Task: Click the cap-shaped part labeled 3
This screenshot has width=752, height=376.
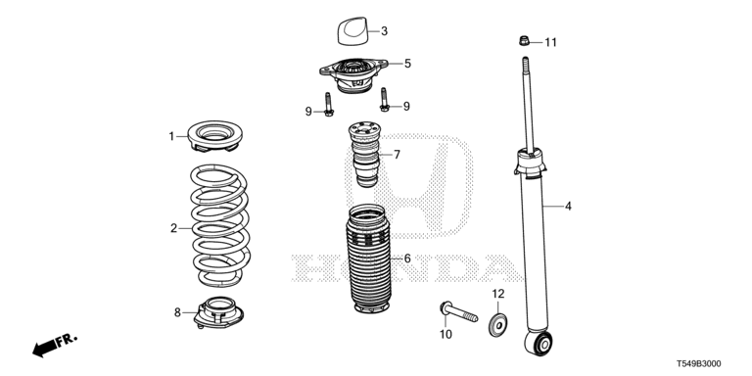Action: pos(352,31)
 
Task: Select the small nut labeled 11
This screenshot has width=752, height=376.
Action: pos(524,41)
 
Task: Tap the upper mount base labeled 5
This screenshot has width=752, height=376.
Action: pos(353,74)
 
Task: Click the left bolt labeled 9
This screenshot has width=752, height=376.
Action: pos(328,104)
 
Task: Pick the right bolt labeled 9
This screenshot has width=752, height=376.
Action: pos(384,99)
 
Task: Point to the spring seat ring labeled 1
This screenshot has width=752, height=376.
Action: pos(214,136)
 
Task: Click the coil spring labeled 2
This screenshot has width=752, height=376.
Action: pos(220,225)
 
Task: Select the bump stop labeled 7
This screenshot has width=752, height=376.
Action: pos(365,154)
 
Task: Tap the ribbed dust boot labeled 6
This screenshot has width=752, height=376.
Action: pos(368,258)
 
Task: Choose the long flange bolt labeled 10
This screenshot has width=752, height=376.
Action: pos(458,311)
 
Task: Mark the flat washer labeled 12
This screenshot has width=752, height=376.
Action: pos(498,326)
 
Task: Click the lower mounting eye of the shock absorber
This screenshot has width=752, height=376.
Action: pos(539,343)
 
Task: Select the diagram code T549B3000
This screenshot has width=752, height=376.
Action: pos(699,364)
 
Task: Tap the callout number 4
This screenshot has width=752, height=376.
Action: pos(568,207)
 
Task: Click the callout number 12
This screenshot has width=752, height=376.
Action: pos(498,294)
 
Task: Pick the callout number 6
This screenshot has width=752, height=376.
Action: pos(407,258)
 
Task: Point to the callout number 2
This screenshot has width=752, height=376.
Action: pos(173,228)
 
